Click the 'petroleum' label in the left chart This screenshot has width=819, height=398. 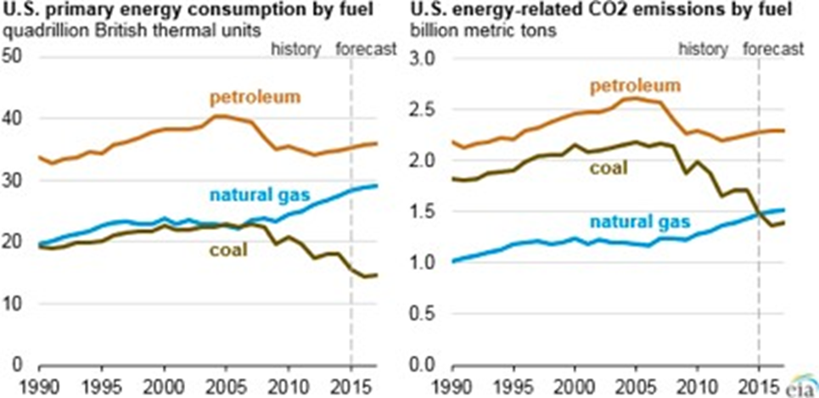pos(255,97)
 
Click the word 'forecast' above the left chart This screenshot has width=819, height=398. pos(366,48)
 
